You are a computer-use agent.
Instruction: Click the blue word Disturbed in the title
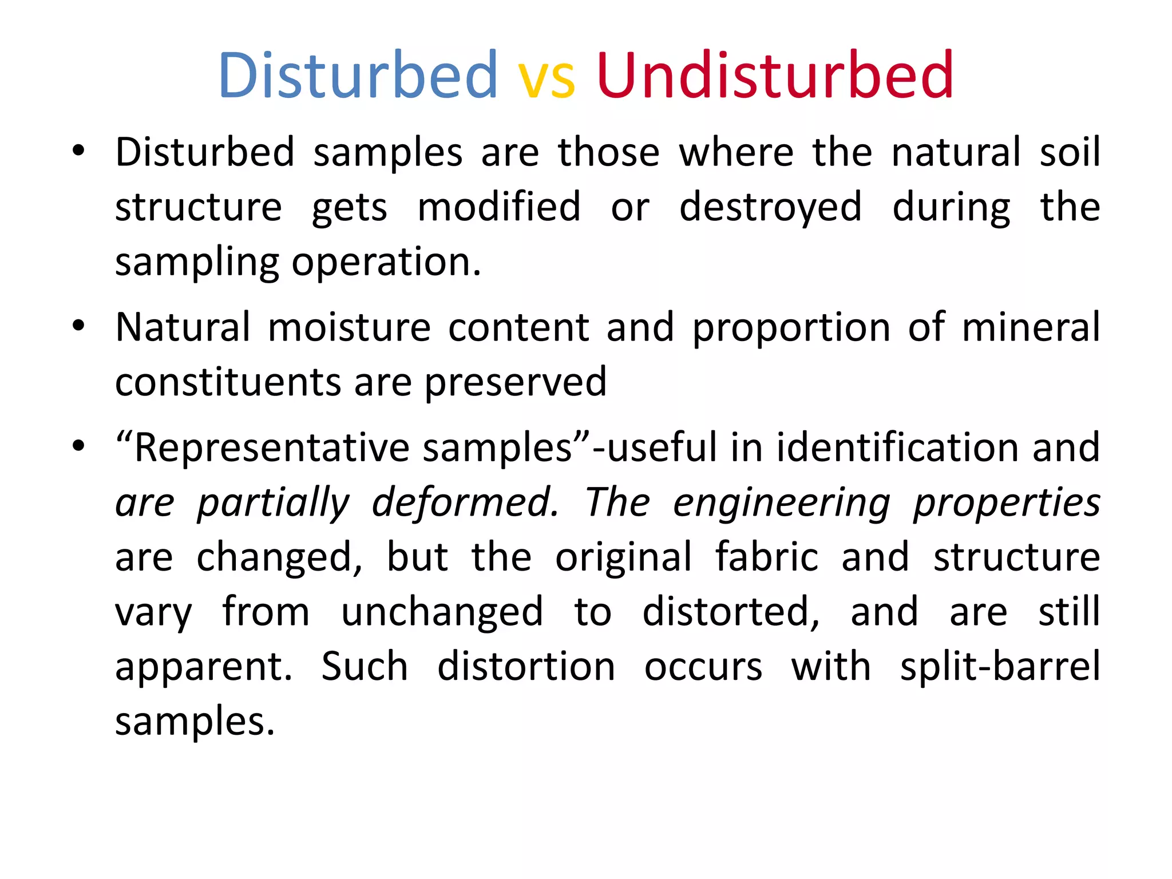point(358,76)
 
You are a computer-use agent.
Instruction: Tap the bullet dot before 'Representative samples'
point(78,446)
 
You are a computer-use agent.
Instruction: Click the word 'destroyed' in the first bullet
point(770,207)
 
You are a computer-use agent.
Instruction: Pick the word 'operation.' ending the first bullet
point(387,263)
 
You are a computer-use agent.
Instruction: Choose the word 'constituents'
point(228,382)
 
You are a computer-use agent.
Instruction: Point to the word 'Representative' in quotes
point(272,448)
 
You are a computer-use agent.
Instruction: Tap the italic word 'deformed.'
point(465,502)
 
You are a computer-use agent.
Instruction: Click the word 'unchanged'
point(442,612)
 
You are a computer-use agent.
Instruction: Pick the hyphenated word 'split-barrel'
point(1000,667)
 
